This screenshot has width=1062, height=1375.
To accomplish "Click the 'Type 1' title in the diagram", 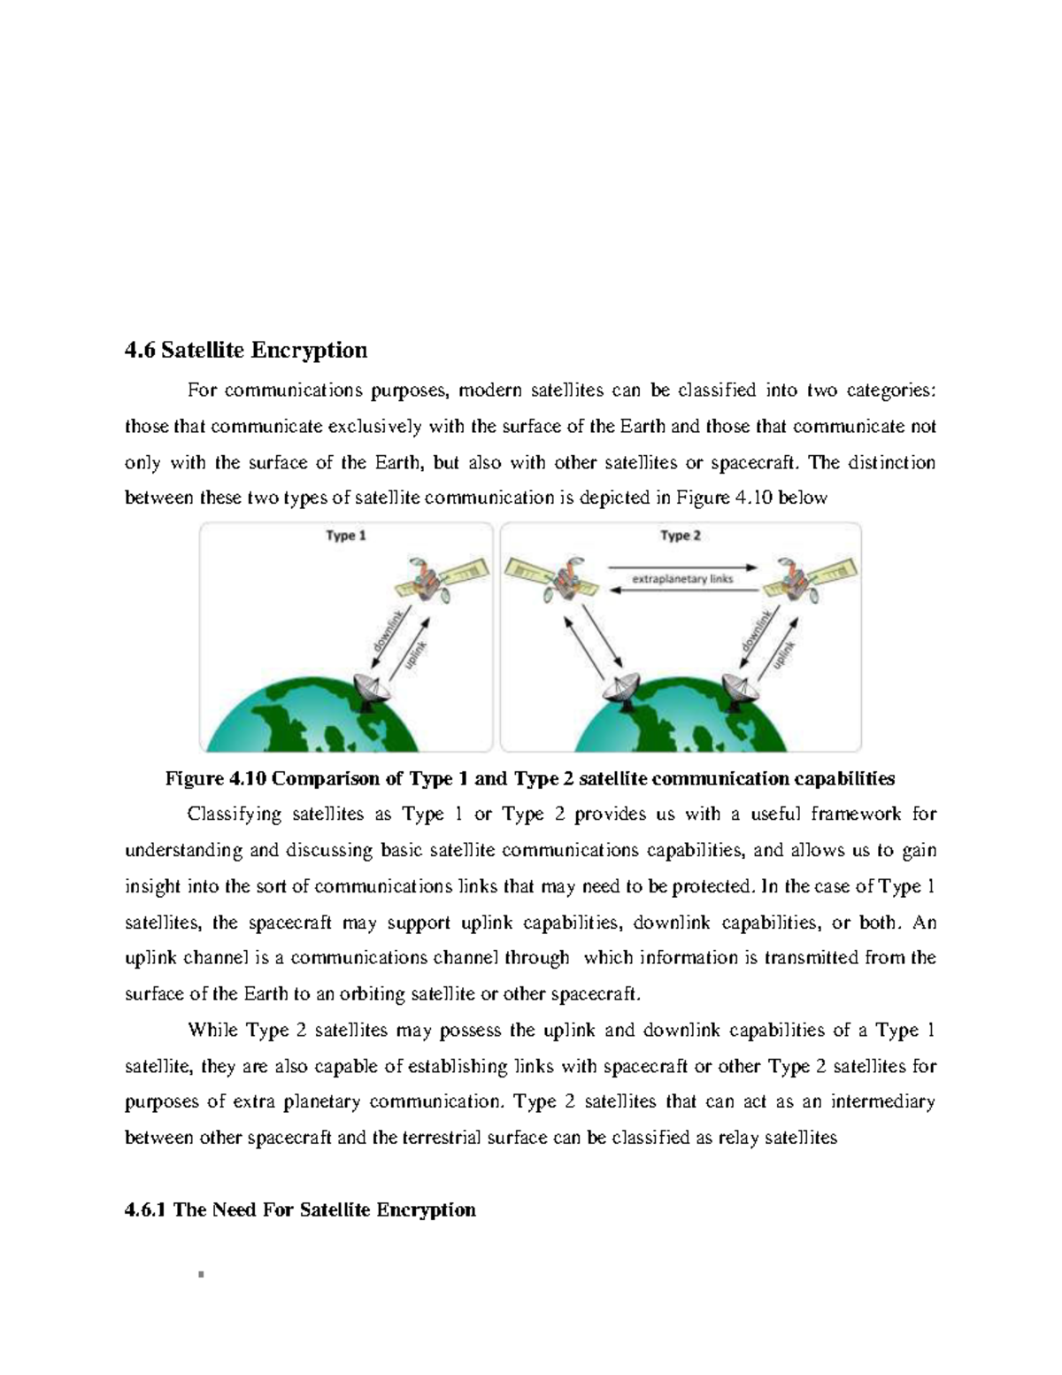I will click(346, 536).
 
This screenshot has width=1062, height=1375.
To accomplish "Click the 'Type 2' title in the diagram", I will click(680, 536).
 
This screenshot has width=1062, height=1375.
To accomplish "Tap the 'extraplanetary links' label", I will click(681, 579).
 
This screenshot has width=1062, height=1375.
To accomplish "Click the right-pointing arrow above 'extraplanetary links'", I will click(681, 567).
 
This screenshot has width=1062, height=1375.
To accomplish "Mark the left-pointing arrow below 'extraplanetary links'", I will click(681, 592).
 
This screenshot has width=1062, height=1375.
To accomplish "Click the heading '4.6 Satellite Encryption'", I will click(246, 351).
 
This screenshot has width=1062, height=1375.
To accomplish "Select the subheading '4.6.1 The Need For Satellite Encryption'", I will click(300, 1209).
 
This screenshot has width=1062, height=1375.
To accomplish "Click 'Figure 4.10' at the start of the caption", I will click(215, 778).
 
